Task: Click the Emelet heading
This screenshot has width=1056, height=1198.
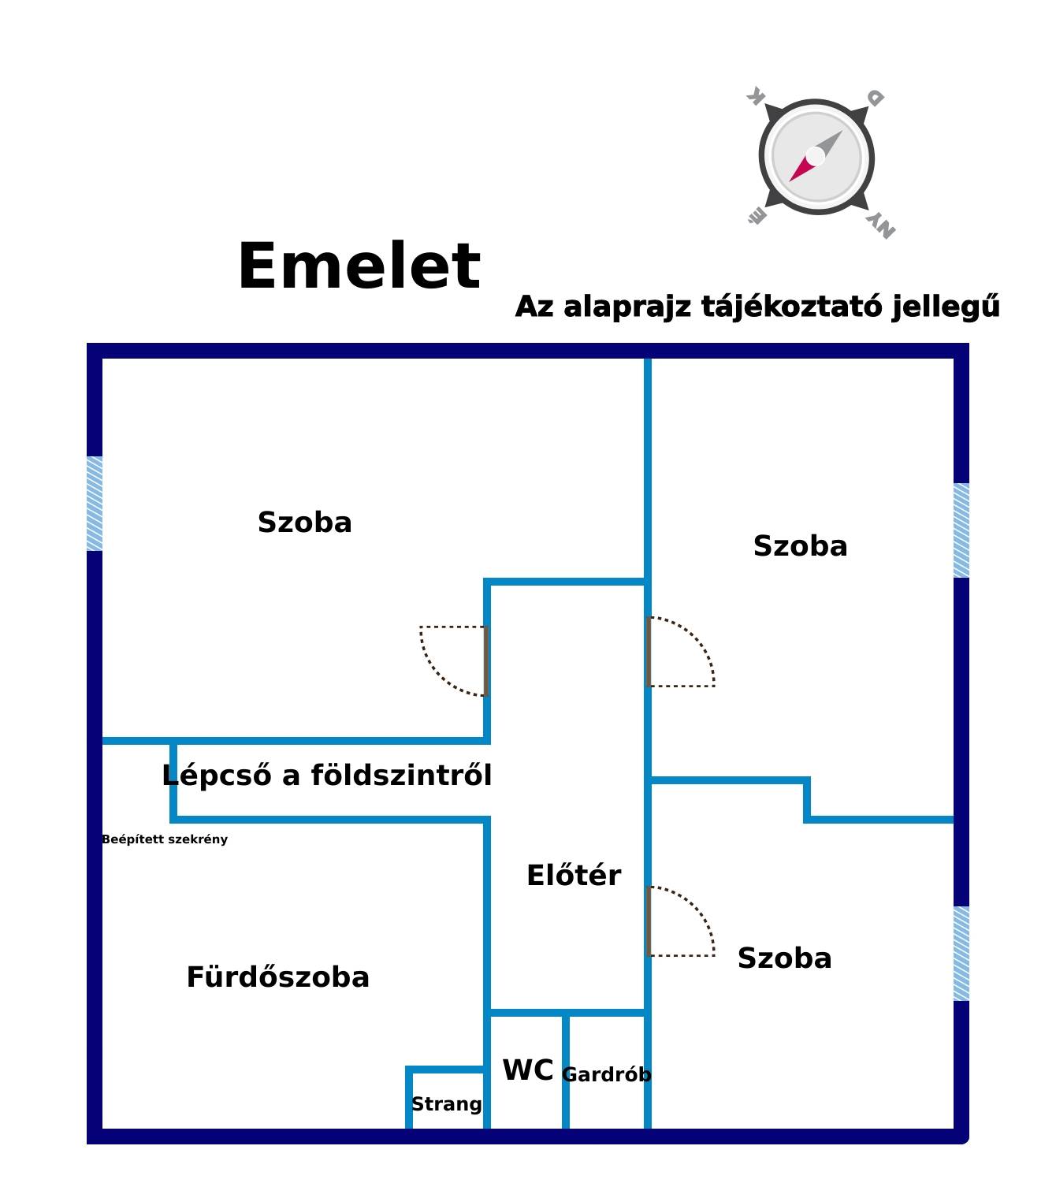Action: [359, 266]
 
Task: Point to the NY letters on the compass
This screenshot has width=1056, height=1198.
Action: [880, 226]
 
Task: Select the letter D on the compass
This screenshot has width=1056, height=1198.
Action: [875, 98]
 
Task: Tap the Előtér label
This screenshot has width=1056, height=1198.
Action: [574, 875]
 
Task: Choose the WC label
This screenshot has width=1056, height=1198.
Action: [527, 1070]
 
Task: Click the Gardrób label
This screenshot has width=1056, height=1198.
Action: [606, 1074]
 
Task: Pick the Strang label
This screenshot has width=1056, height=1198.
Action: [446, 1104]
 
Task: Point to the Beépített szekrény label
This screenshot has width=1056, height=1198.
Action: [165, 839]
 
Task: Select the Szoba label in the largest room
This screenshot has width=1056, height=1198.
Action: [304, 523]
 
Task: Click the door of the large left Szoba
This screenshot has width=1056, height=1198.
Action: [453, 661]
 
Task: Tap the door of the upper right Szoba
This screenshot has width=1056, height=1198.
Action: [681, 653]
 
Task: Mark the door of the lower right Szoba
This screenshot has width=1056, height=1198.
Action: [681, 922]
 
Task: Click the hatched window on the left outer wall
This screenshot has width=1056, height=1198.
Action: [95, 504]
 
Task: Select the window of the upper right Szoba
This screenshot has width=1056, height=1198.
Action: [961, 530]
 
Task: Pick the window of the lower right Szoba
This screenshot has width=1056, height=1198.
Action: [961, 954]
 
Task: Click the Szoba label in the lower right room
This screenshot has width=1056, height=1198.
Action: [785, 958]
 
